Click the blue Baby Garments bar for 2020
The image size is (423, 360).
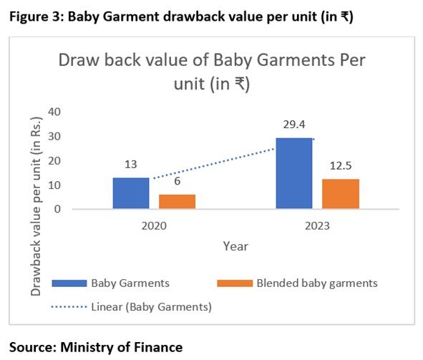(x=131, y=193)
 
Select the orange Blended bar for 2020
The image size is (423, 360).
(x=177, y=201)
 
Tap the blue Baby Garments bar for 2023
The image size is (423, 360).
(x=294, y=173)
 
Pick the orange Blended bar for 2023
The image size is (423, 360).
(x=341, y=194)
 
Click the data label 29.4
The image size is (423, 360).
(x=294, y=125)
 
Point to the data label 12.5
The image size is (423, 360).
(x=341, y=166)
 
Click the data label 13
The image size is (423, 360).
(x=131, y=165)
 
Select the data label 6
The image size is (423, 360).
(x=178, y=181)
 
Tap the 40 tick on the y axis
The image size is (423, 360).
(x=54, y=112)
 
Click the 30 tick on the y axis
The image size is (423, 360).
(x=54, y=137)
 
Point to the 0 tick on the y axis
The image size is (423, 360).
(x=57, y=209)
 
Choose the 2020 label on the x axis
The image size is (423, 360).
(x=154, y=225)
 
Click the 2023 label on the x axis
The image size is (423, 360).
(x=317, y=225)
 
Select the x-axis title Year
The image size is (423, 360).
(x=235, y=246)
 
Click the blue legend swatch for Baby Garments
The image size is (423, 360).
(x=69, y=283)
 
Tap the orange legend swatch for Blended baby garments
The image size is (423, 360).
(x=235, y=283)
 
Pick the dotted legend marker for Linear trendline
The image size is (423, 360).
(x=69, y=307)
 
